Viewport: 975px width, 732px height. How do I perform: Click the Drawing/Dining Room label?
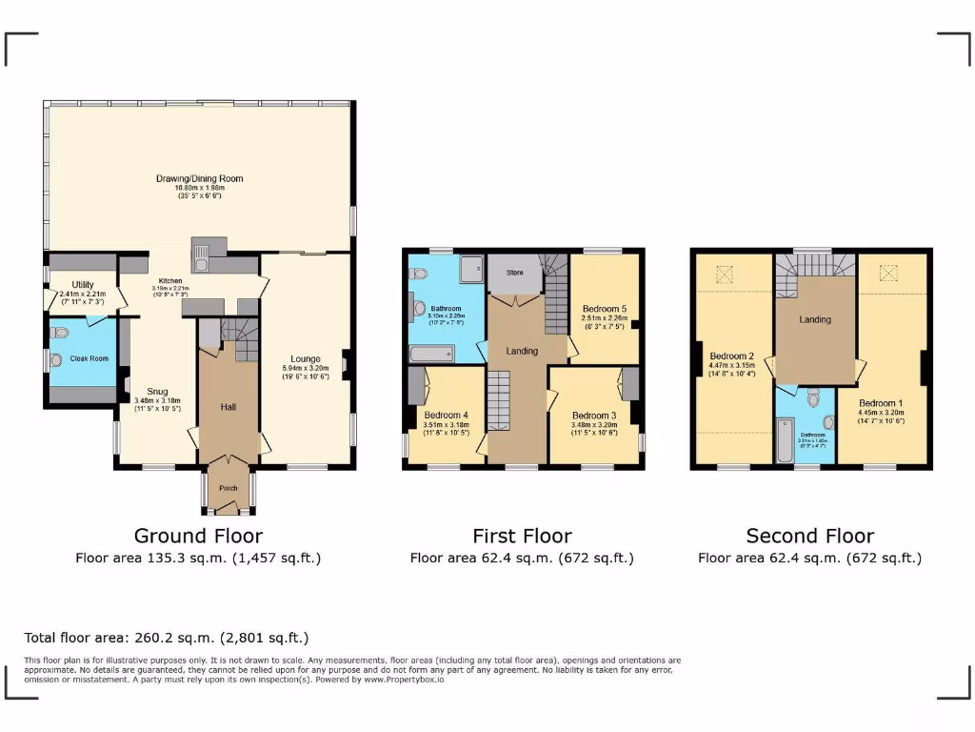[x=200, y=178]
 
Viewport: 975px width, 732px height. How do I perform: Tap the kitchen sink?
[x=202, y=253]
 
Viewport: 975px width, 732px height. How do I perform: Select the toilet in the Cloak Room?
[x=62, y=333]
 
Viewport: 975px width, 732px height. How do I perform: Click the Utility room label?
[x=83, y=284]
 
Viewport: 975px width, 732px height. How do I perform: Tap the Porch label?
[x=229, y=488]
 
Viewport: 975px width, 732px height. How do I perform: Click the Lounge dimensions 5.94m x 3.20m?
[x=305, y=368]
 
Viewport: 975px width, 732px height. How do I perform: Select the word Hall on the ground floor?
[x=229, y=407]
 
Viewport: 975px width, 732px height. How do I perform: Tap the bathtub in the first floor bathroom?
[x=432, y=355]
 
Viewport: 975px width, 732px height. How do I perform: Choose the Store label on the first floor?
[x=514, y=273]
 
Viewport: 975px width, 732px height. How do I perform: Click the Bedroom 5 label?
[x=605, y=309]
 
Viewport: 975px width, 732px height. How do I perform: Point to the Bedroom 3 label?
[x=594, y=416]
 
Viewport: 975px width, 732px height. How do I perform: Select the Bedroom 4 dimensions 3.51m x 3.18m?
[x=446, y=425]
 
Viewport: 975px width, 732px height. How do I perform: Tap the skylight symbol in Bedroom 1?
[x=891, y=274]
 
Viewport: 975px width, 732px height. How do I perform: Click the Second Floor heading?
[x=809, y=536]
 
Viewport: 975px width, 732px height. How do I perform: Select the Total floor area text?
[x=167, y=638]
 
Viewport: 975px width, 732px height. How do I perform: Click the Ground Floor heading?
[x=198, y=536]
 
